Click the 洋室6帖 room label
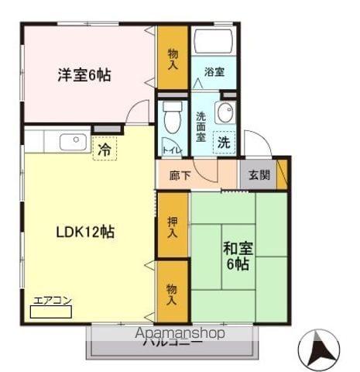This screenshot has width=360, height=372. coord(84,75)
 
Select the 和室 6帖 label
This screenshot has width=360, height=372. coord(238,256)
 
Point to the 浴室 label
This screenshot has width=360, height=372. coord(214,73)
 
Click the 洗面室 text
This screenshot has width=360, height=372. coord(200,126)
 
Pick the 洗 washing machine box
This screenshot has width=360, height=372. coord(223,143)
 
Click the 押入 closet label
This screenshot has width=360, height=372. coord(172,226)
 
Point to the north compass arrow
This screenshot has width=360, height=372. coord(318,350)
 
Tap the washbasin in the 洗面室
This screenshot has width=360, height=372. coord(224,114)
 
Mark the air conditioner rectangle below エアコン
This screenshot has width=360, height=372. coord(49,312)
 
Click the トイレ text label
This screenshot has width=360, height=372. coord(171,150)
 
